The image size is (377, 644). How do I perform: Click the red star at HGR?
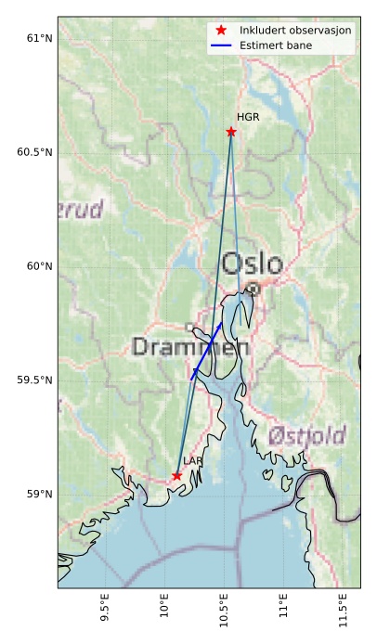pyautogui.click(x=230, y=132)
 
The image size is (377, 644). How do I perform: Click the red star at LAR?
pyautogui.click(x=176, y=476)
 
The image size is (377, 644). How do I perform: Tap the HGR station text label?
pyautogui.click(x=248, y=118)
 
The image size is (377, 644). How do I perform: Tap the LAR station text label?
pyautogui.click(x=192, y=461)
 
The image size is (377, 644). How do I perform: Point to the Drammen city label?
pyautogui.click(x=190, y=348)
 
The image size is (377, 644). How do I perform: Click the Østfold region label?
pyautogui.click(x=306, y=435)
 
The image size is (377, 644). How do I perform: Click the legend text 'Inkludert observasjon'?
pyautogui.click(x=294, y=31)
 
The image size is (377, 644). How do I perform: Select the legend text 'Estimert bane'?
pyautogui.click(x=275, y=45)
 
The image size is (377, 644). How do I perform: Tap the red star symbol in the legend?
pyautogui.click(x=220, y=31)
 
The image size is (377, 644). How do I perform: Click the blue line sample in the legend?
pyautogui.click(x=220, y=45)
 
